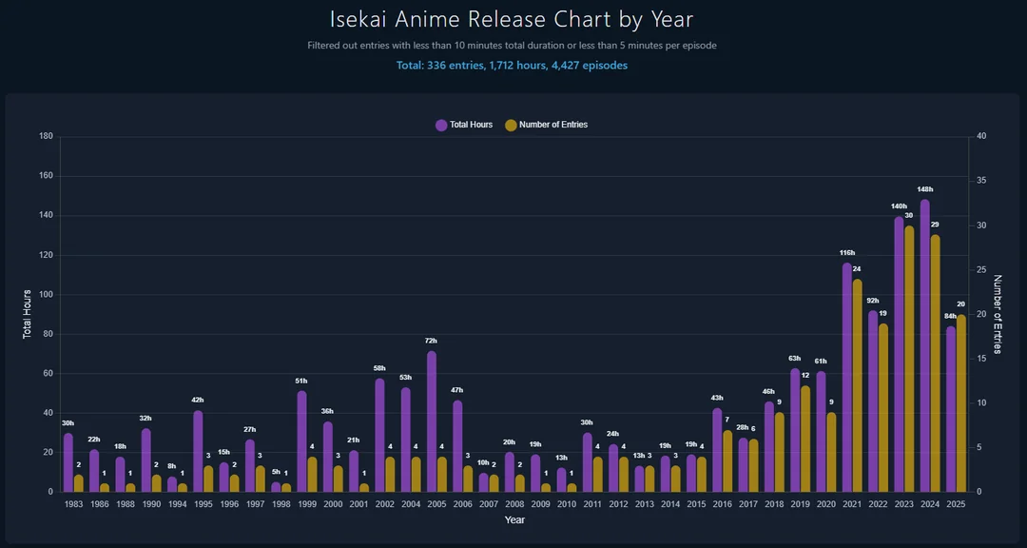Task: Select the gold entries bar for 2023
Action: point(909,360)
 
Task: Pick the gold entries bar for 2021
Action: point(857,385)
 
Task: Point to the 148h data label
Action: point(925,189)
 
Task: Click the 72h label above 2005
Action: point(432,341)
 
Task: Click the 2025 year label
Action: point(956,503)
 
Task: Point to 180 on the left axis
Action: point(46,136)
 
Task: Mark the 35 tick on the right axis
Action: point(981,181)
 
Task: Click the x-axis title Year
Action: point(514,520)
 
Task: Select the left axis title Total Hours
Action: point(28,314)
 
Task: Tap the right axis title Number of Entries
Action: point(998,314)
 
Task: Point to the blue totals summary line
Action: point(512,66)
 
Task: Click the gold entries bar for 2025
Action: point(960,403)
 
